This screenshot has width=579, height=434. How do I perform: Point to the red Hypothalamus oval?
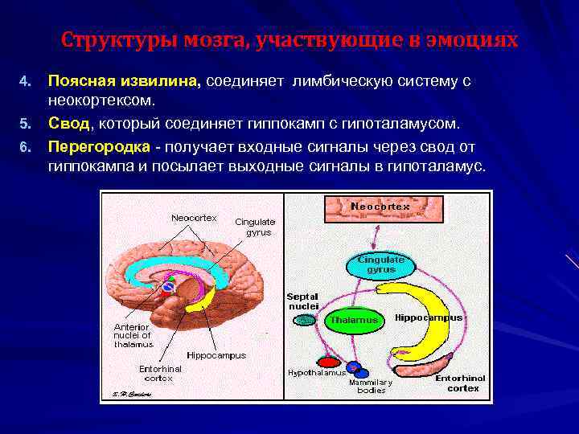point(327,362)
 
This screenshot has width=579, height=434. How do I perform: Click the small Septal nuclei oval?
point(304,320)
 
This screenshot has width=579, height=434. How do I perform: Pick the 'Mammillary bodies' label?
point(372,386)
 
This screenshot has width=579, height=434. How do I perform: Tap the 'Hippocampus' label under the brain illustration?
point(216,354)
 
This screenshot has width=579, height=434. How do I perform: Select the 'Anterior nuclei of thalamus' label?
point(132,335)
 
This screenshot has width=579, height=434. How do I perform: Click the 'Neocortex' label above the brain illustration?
point(194,218)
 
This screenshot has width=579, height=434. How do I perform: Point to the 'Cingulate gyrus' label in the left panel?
point(255,227)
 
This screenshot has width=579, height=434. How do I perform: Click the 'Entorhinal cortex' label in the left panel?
point(160,373)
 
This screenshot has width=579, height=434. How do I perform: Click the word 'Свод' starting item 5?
point(70,124)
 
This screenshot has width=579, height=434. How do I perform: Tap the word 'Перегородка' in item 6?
point(98,147)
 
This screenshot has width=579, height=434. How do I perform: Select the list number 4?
point(25,82)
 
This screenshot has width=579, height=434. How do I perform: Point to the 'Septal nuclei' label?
point(303,301)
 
